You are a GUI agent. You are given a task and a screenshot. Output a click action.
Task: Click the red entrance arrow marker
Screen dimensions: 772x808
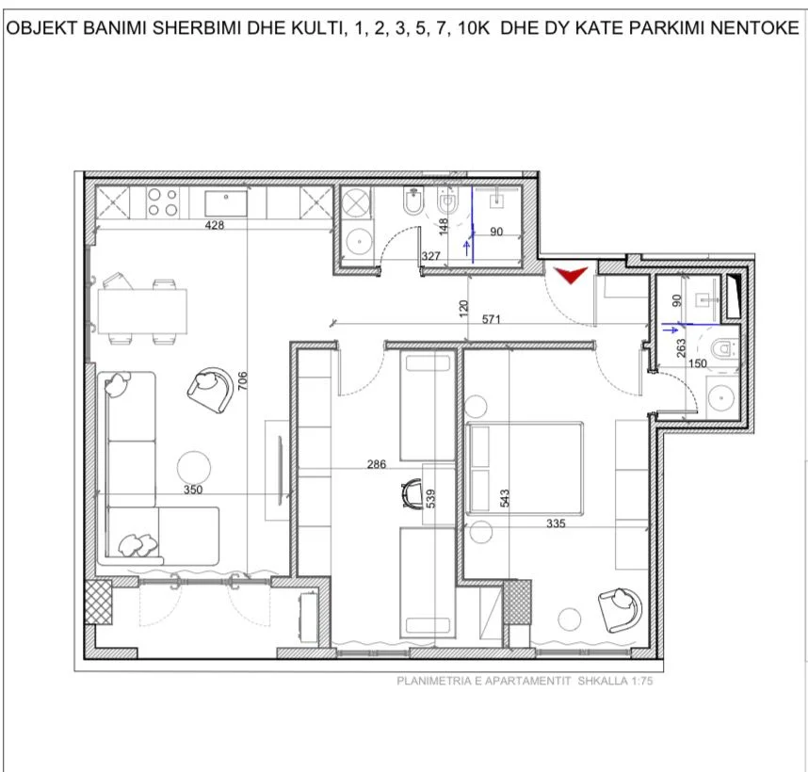click(571, 274)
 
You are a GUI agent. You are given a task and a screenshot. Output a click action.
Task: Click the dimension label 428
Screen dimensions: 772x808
click(215, 225)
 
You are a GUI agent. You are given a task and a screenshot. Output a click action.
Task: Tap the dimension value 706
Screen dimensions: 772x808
click(242, 380)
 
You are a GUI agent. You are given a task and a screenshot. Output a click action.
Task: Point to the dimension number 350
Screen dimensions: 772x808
click(192, 489)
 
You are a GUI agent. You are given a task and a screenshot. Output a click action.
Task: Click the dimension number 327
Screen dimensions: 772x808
click(431, 256)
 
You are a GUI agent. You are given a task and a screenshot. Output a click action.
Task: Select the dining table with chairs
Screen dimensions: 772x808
click(141, 311)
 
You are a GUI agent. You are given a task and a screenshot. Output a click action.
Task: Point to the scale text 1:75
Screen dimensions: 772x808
click(636, 684)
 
